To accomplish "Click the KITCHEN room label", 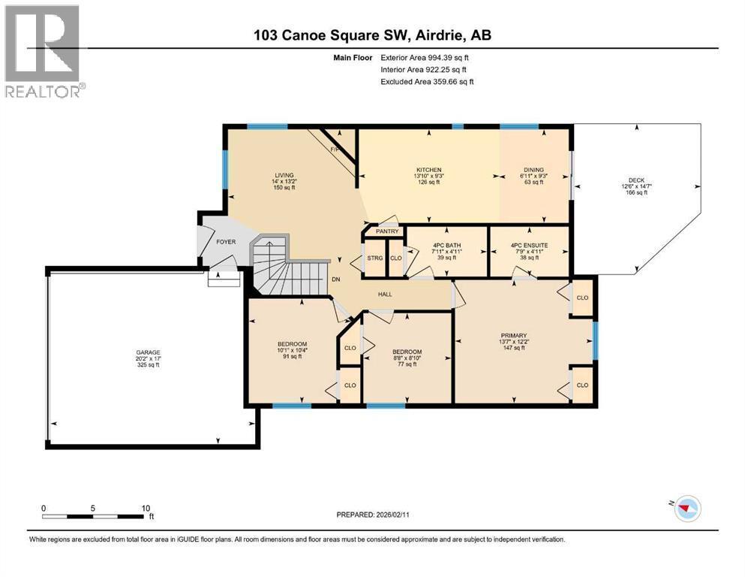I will [428, 170].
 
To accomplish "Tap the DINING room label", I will [533, 170].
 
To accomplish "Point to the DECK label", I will [636, 180].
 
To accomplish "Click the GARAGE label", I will [148, 352].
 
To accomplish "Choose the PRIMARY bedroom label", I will [514, 336].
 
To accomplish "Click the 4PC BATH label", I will [447, 245].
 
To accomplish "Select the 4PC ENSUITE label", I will [529, 245].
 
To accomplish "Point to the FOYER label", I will [227, 242].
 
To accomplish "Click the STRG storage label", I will [375, 258].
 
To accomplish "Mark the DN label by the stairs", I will [337, 279].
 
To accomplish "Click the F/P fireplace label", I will [335, 150].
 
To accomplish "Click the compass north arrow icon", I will [686, 509].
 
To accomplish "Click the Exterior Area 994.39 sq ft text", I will [427, 57].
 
